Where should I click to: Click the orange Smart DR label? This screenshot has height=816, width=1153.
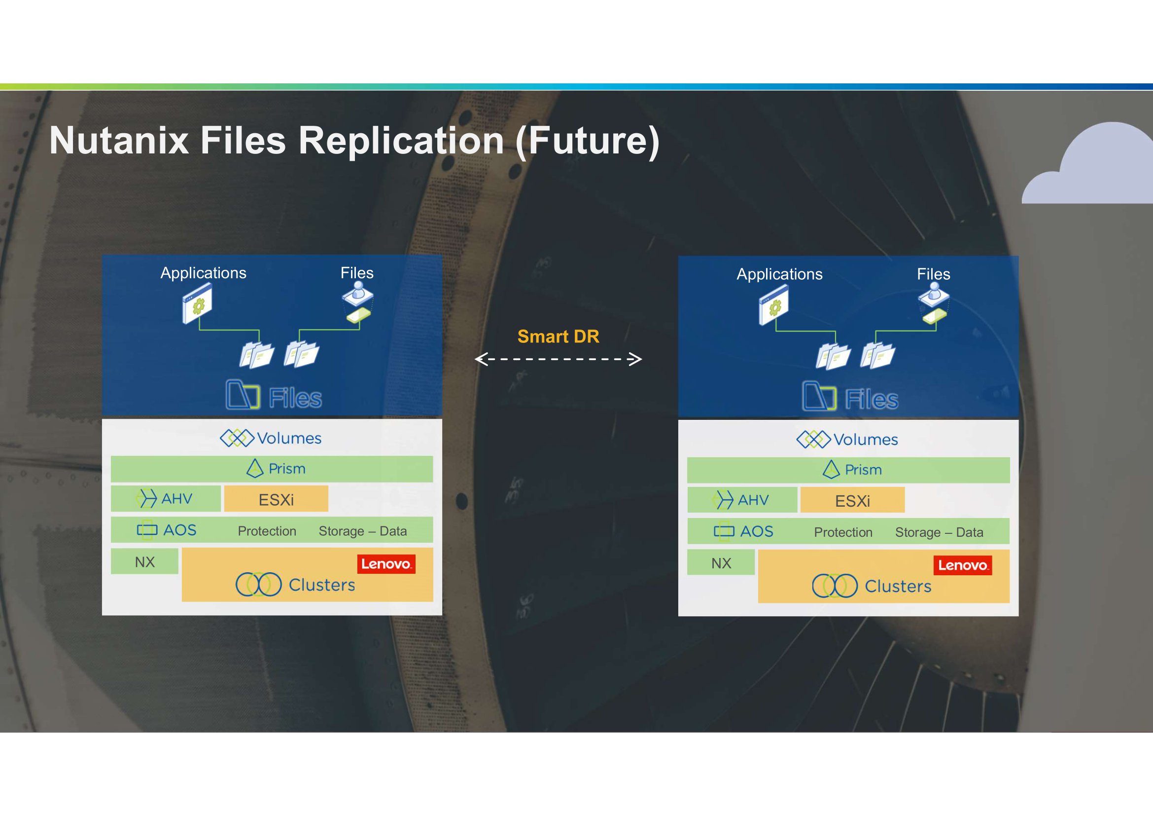point(559,336)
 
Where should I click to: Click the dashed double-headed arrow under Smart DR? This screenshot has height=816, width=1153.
point(559,359)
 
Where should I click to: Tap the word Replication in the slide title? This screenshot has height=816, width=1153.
point(401,141)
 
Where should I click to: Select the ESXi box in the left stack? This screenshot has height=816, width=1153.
point(276,499)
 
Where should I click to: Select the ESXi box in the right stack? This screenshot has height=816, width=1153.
point(853,500)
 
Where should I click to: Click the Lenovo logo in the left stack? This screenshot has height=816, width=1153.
point(386,564)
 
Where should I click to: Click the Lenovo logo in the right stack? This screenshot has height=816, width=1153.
point(963,565)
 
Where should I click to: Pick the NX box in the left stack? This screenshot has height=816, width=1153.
point(144,561)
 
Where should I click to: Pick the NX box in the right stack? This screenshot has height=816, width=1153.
point(721,562)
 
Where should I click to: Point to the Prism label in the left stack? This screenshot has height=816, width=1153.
point(287,468)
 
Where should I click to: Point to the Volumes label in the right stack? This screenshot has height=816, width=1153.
point(866,440)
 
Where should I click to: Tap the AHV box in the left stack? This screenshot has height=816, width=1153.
point(166,498)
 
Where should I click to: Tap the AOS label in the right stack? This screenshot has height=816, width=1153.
point(757,531)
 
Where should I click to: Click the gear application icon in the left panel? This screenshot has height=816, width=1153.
point(197,303)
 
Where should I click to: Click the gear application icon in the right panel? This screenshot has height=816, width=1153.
point(774,305)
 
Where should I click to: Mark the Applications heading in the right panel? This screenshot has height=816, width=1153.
point(779,274)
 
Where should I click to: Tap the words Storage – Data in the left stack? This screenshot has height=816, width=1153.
point(363,531)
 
